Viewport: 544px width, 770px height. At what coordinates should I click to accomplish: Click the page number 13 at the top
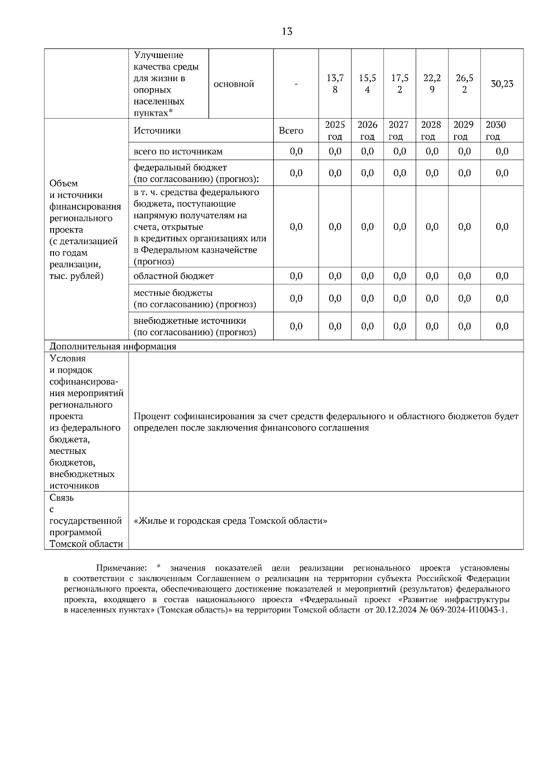(x=287, y=31)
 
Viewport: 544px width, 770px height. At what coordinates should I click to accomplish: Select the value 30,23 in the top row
(x=502, y=84)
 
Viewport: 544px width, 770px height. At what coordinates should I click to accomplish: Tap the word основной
(x=233, y=84)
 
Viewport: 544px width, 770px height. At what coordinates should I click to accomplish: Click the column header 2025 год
(x=335, y=131)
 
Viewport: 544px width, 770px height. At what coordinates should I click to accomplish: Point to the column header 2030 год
(x=495, y=131)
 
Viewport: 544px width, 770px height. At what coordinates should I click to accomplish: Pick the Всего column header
(x=291, y=131)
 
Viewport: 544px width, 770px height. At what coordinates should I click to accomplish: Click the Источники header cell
(x=157, y=131)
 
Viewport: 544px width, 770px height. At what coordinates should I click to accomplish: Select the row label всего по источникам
(x=178, y=151)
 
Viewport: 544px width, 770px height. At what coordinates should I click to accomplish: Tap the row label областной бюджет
(x=174, y=276)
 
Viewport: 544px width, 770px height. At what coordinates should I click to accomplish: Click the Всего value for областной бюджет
(x=296, y=276)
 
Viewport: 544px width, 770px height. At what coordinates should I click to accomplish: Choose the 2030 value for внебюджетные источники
(x=502, y=326)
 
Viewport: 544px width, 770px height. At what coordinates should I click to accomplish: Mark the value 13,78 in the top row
(x=335, y=84)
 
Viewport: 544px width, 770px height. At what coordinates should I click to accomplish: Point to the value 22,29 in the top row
(x=432, y=84)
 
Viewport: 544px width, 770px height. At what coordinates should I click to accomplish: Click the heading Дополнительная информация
(x=112, y=346)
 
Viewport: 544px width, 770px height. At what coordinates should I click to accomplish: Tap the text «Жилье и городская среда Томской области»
(x=230, y=521)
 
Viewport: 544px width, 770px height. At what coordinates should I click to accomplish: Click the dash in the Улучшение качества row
(x=296, y=84)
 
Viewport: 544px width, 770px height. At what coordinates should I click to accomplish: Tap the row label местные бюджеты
(x=173, y=293)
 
